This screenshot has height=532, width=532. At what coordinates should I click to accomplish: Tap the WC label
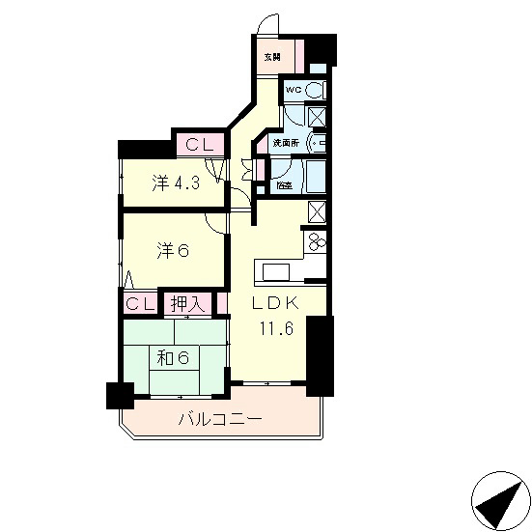(x=294, y=92)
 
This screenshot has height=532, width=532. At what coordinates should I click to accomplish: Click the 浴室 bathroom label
(x=283, y=184)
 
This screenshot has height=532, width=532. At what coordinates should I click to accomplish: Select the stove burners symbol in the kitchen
(x=316, y=240)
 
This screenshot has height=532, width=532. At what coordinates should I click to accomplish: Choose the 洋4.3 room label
(x=175, y=182)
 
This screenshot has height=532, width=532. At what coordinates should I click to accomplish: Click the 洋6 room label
(x=172, y=251)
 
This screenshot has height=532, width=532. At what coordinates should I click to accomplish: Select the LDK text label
(x=277, y=304)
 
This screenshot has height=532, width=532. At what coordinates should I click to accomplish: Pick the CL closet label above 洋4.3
(x=200, y=146)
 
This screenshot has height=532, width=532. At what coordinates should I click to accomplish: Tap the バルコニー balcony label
(x=219, y=420)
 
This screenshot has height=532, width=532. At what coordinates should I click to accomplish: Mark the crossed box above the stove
(x=317, y=211)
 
